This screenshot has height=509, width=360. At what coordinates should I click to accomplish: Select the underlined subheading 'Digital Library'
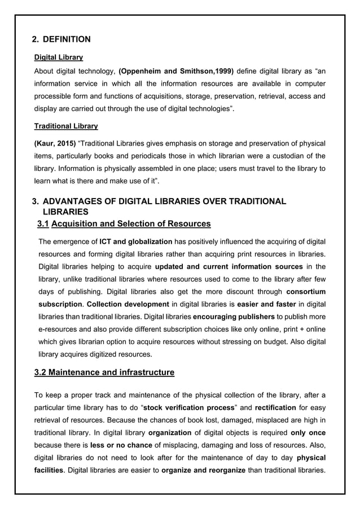click(x=59, y=58)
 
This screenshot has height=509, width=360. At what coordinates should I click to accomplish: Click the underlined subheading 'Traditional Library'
click(x=66, y=126)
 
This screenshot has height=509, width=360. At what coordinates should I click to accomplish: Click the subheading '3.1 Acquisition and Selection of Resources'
click(x=124, y=225)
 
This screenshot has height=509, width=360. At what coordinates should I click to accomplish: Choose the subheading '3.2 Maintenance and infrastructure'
click(x=104, y=372)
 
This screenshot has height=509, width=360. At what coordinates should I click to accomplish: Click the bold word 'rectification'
click(x=275, y=407)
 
